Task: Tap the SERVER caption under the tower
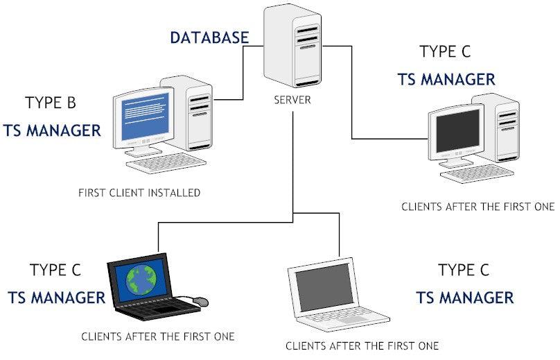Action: pyautogui.click(x=292, y=101)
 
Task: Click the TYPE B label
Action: pyautogui.click(x=51, y=103)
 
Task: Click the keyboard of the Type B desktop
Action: pyautogui.click(x=166, y=164)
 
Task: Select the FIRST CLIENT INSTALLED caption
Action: pyautogui.click(x=139, y=192)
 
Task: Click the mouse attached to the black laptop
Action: pyautogui.click(x=200, y=301)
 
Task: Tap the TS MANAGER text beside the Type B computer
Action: pyautogui.click(x=52, y=130)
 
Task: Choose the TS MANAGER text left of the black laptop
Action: pyautogui.click(x=56, y=298)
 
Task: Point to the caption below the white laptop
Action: pyautogui.click(x=362, y=345)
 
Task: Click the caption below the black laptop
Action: pyautogui.click(x=157, y=337)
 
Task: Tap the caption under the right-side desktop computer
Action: pyautogui.click(x=478, y=206)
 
